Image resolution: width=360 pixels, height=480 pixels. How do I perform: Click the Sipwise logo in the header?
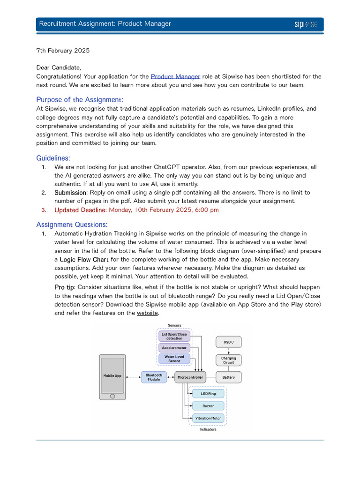click(306, 24)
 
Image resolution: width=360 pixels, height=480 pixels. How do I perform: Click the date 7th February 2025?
click(63, 50)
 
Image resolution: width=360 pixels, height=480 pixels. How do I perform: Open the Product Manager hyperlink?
click(175, 76)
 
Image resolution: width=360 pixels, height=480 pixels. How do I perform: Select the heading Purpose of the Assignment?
click(80, 99)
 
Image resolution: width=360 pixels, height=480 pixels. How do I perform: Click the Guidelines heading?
click(53, 158)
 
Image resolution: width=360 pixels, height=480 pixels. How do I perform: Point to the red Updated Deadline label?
click(80, 210)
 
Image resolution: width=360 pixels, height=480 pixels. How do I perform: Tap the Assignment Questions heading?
click(72, 224)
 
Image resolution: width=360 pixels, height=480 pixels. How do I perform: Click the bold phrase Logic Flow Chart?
click(84, 259)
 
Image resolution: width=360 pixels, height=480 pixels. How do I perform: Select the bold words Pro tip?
click(65, 287)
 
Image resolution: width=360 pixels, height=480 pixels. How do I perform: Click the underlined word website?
click(147, 313)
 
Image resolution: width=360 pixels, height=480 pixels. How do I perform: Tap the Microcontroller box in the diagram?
click(190, 377)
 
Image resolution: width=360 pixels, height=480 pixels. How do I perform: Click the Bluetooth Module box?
click(154, 377)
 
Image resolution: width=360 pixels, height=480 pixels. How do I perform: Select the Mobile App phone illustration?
click(112, 377)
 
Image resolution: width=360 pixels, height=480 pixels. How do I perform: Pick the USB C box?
click(228, 342)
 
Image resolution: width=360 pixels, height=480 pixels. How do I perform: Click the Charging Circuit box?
click(228, 360)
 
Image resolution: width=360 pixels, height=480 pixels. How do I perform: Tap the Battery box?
click(228, 377)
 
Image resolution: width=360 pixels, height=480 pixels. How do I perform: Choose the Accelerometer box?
click(174, 348)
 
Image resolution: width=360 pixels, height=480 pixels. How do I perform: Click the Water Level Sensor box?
click(174, 359)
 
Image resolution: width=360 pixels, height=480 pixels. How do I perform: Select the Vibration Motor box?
click(208, 418)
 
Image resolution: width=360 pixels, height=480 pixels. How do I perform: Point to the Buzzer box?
click(208, 406)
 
